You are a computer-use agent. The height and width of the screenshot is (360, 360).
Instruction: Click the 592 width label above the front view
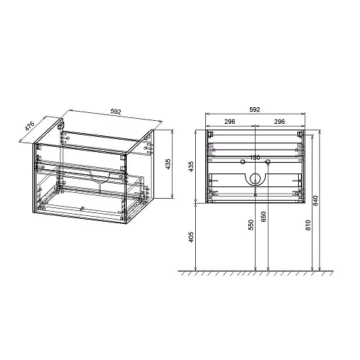[x=254, y=109]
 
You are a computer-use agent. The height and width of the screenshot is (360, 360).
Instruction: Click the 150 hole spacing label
[x=254, y=158]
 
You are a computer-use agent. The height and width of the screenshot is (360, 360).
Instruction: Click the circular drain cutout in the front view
[x=254, y=181]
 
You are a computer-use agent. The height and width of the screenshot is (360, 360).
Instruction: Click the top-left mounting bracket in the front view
[x=211, y=134]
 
